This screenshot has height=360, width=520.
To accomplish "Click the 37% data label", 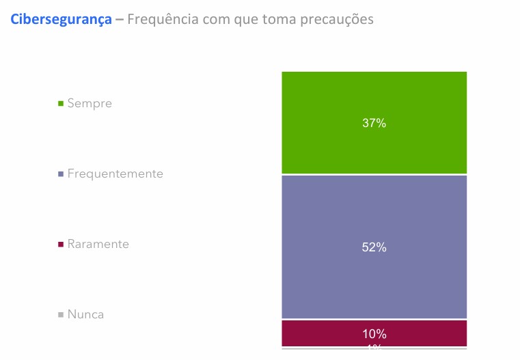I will (374, 124).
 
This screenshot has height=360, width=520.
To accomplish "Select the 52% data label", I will (374, 248).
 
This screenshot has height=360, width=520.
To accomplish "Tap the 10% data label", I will (374, 334).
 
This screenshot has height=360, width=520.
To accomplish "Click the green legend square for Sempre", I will (61, 104).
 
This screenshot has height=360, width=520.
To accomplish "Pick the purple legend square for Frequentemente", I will (61, 174).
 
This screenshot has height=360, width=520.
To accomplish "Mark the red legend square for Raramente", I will (61, 245).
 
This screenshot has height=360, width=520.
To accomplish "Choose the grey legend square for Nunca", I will (61, 315).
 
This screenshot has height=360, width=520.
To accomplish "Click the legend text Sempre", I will (90, 104).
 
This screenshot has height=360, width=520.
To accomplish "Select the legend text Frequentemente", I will (115, 174).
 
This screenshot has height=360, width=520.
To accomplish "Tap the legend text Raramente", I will (98, 245).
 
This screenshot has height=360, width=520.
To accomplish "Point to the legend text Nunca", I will (85, 315).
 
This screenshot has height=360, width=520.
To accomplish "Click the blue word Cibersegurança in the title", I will (61, 20).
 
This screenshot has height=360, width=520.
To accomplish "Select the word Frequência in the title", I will (161, 20).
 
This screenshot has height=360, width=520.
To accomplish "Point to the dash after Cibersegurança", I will (120, 20).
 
